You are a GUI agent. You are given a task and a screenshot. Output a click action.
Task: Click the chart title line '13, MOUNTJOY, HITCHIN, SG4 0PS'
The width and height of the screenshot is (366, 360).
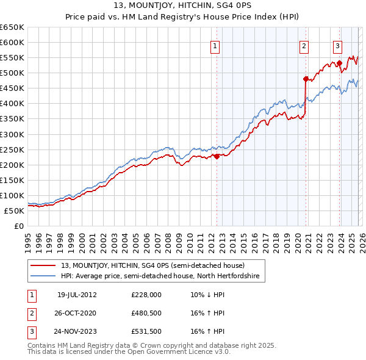[182, 7]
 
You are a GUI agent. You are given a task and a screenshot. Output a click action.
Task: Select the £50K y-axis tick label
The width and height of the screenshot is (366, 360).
[15, 211]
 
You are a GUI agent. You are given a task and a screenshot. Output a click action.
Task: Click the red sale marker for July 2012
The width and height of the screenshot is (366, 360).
[217, 156]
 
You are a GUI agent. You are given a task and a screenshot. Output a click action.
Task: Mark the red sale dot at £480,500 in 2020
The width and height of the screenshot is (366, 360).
[306, 79]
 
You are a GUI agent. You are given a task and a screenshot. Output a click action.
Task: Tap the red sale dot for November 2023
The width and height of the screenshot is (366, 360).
[339, 63]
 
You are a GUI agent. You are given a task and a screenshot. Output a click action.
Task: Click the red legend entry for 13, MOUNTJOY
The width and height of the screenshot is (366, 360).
[152, 265]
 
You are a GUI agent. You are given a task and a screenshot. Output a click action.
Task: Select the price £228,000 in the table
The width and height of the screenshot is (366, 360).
[146, 295]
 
